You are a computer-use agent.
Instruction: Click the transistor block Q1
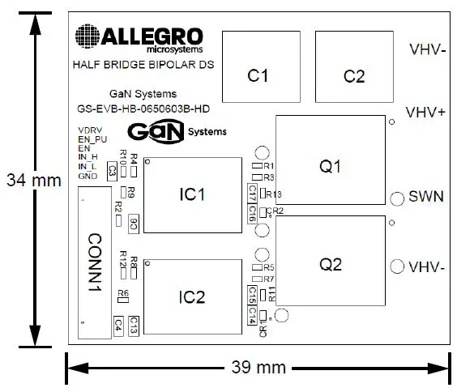pyautogui.click(x=330, y=166)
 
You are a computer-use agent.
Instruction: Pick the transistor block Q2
pyautogui.click(x=330, y=265)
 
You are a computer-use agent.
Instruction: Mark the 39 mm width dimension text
pyautogui.click(x=258, y=368)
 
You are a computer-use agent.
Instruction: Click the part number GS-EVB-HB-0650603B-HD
pyautogui.click(x=143, y=108)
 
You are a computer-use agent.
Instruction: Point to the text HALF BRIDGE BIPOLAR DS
pyautogui.click(x=143, y=64)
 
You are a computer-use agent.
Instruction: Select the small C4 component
pyautogui.click(x=118, y=325)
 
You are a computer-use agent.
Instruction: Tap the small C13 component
pyautogui.click(x=134, y=325)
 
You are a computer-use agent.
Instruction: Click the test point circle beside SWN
pyautogui.click(x=398, y=198)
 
